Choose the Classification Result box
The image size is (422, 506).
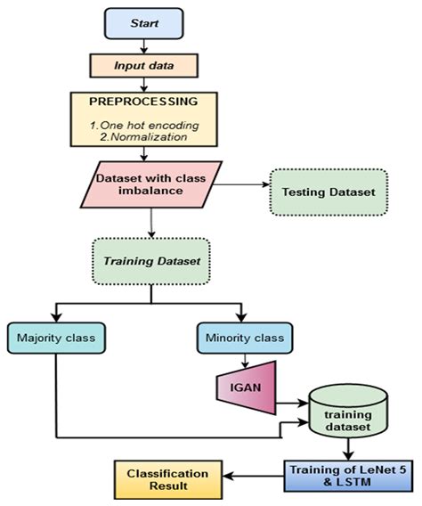[x=159, y=479]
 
